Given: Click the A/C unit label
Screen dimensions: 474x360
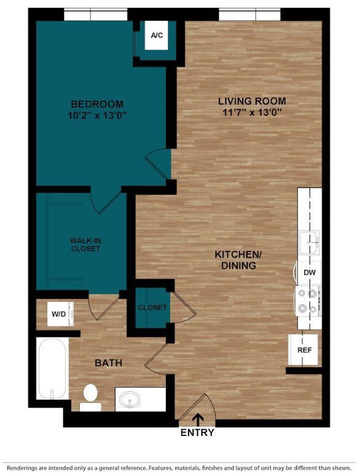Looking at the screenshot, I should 157,35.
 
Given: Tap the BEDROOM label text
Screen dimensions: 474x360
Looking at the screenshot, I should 96,104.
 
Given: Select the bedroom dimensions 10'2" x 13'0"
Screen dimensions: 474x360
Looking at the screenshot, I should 96,115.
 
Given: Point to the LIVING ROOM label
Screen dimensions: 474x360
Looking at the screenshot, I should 252,101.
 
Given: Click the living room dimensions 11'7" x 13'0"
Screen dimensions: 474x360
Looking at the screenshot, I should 252,113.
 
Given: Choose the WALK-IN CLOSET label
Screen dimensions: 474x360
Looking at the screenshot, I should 85,245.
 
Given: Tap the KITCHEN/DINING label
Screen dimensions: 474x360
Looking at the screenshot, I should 235,260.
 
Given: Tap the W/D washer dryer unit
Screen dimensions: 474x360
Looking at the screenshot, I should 59,314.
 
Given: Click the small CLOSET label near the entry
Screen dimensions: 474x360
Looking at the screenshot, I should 152,307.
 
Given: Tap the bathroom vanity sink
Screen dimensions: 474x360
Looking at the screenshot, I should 131,400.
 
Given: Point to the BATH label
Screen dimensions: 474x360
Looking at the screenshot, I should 108,363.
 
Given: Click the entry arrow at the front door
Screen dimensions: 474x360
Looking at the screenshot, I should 198,419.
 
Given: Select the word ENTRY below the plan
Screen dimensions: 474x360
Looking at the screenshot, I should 197,433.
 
